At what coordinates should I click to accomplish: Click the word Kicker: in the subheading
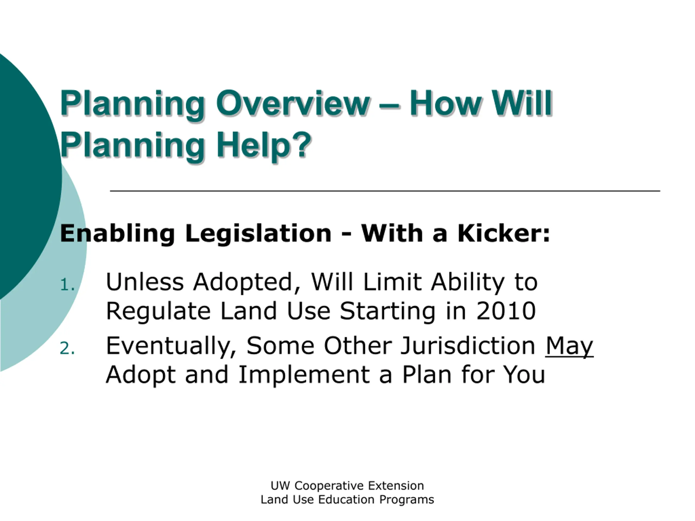[504, 233]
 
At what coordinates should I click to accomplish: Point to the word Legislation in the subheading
[258, 234]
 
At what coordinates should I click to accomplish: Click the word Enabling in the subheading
[117, 234]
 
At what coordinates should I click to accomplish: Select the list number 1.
[68, 285]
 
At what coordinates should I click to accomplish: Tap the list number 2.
[68, 348]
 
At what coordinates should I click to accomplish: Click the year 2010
[506, 311]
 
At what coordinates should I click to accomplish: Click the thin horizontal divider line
[385, 190]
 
